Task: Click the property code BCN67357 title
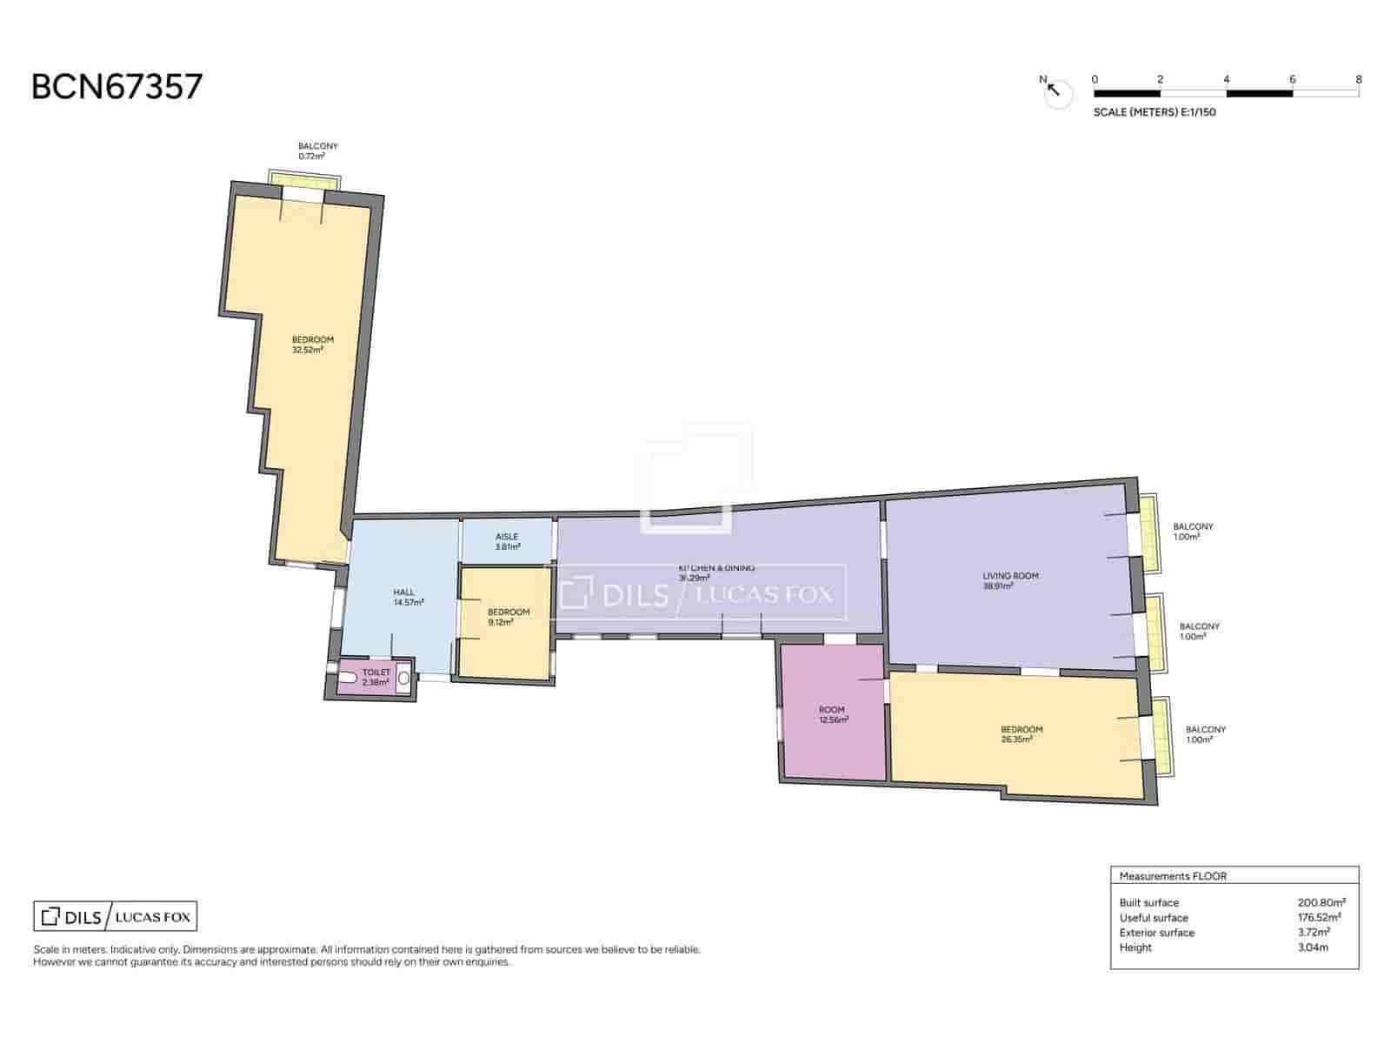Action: [116, 87]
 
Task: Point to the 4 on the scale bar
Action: [1226, 80]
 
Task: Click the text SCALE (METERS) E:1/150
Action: [1154, 112]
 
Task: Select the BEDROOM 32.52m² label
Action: [312, 345]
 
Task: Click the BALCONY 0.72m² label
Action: [317, 151]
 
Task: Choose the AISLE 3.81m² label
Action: [507, 542]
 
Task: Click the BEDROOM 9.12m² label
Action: [509, 617]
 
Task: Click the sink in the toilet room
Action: [403, 678]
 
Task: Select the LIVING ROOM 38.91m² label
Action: [1010, 580]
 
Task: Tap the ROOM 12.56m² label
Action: [832, 714]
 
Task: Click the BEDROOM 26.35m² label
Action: [1021, 734]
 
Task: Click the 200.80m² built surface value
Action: [1321, 903]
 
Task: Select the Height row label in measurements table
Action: [1135, 947]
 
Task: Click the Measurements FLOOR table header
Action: [1173, 876]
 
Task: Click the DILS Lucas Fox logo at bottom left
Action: [115, 917]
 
